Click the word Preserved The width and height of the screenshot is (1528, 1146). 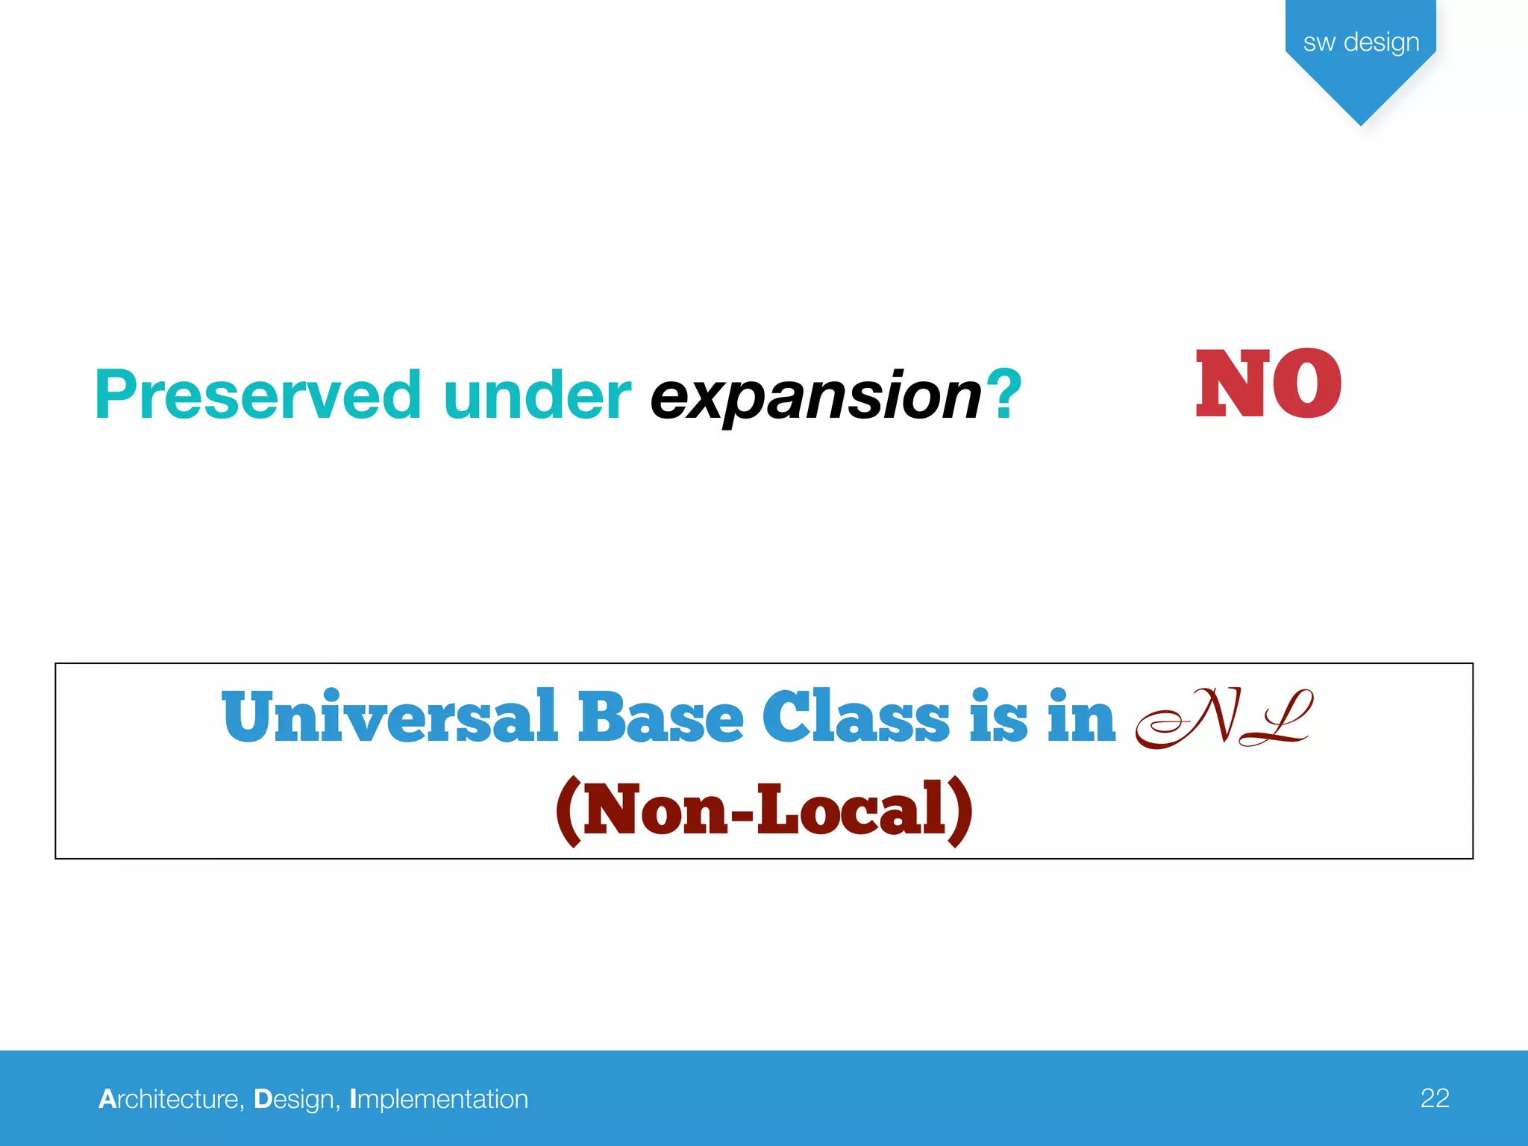point(257,395)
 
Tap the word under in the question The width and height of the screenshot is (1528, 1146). point(536,395)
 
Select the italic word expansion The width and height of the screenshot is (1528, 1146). point(815,397)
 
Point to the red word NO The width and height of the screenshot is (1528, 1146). point(1268,384)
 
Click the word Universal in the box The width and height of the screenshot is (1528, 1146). point(389,717)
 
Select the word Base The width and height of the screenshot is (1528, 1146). point(660,717)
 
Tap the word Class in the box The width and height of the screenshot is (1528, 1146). point(856,717)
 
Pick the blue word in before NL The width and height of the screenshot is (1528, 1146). point(1081,717)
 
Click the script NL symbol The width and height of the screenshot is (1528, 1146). point(1224,718)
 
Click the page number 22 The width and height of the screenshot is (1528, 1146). point(1434,1098)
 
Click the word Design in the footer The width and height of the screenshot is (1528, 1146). point(294,1099)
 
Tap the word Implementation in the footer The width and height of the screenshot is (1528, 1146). point(439,1099)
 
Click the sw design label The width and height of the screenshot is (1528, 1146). point(1361,42)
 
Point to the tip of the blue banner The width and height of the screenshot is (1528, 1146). point(1361,123)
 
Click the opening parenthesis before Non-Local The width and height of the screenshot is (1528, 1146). point(569,812)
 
